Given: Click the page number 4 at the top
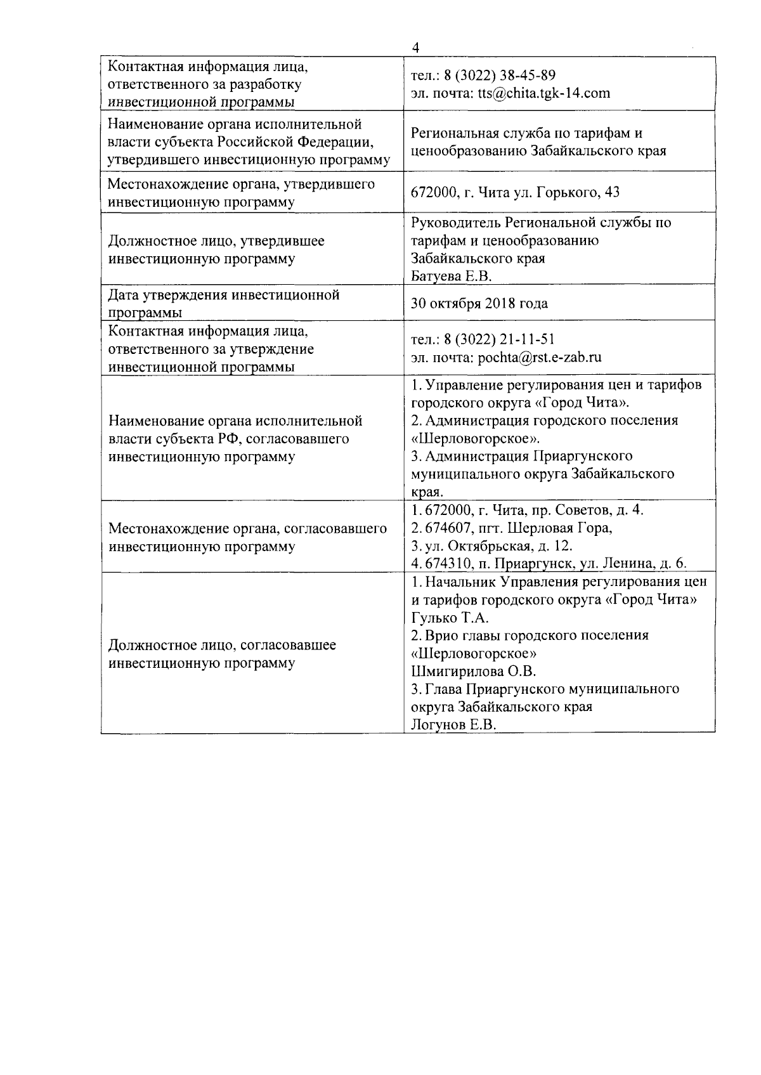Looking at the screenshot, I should click(415, 48).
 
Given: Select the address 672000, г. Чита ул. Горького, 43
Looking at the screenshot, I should click(515, 192).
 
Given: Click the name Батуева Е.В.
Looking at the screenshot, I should click(451, 276).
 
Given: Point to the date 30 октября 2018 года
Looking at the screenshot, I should click(479, 303).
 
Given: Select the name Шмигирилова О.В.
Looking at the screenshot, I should click(474, 671).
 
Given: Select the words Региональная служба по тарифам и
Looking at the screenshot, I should click(527, 133).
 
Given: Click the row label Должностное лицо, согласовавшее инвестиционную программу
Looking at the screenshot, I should click(222, 653).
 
